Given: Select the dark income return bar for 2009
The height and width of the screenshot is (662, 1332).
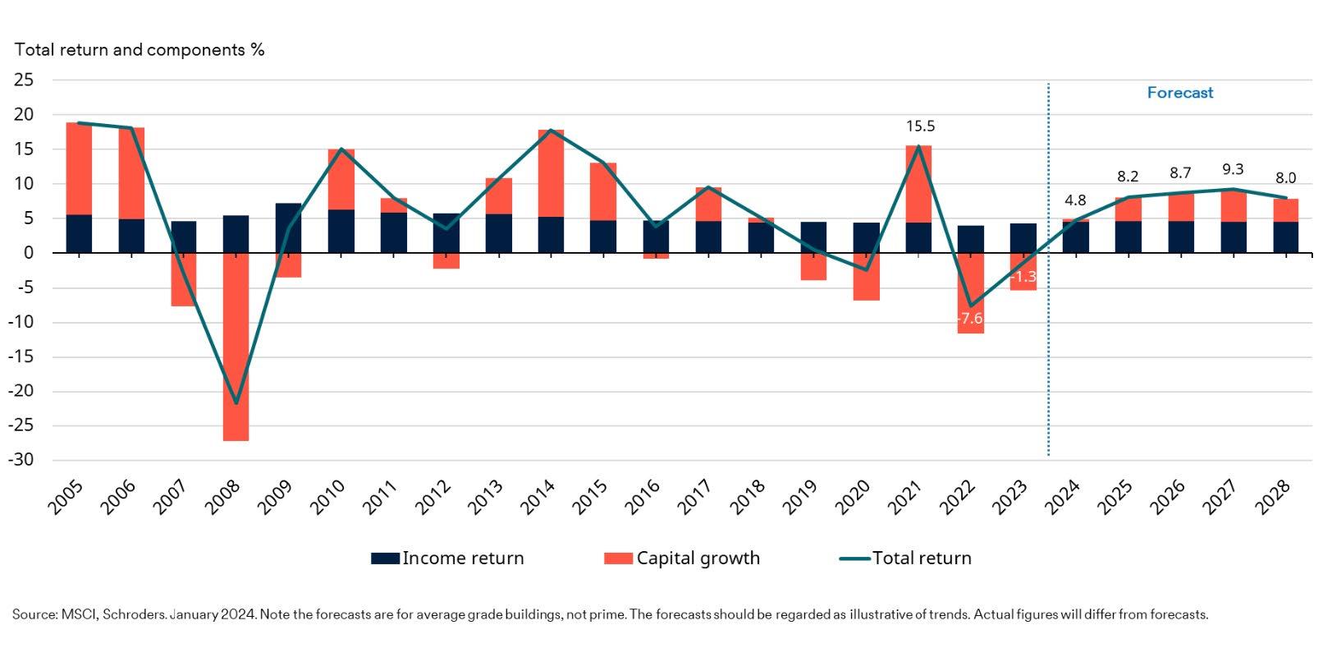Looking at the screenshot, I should pyautogui.click(x=288, y=228).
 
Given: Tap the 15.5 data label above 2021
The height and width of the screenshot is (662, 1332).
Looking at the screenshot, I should pyautogui.click(x=920, y=126).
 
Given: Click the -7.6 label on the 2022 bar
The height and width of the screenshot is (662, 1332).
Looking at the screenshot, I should pyautogui.click(x=969, y=319).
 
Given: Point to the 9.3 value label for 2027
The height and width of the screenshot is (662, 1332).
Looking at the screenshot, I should pyautogui.click(x=1233, y=170).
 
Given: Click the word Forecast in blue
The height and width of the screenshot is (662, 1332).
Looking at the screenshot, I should pyautogui.click(x=1179, y=93).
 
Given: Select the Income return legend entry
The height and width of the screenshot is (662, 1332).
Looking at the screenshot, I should pyautogui.click(x=447, y=559).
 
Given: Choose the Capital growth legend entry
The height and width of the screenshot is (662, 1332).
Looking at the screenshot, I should pyautogui.click(x=682, y=559).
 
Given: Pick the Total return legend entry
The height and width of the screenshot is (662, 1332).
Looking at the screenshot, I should pyautogui.click(x=905, y=559).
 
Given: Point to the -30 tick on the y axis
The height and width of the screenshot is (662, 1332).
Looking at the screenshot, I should pyautogui.click(x=22, y=460).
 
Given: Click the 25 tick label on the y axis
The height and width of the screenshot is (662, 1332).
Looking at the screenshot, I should pyautogui.click(x=25, y=80).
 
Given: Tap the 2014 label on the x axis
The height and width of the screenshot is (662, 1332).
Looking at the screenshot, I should pyautogui.click(x=540, y=497).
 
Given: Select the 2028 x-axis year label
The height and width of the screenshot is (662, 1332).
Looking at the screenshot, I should pyautogui.click(x=1275, y=497).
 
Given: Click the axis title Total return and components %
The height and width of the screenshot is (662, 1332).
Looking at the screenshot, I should pyautogui.click(x=140, y=50).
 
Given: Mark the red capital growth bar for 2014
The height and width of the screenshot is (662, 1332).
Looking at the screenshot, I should pyautogui.click(x=551, y=173).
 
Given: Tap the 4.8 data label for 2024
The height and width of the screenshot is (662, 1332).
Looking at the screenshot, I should pyautogui.click(x=1075, y=200).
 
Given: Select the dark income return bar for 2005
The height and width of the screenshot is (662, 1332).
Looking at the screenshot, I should pyautogui.click(x=79, y=233).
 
